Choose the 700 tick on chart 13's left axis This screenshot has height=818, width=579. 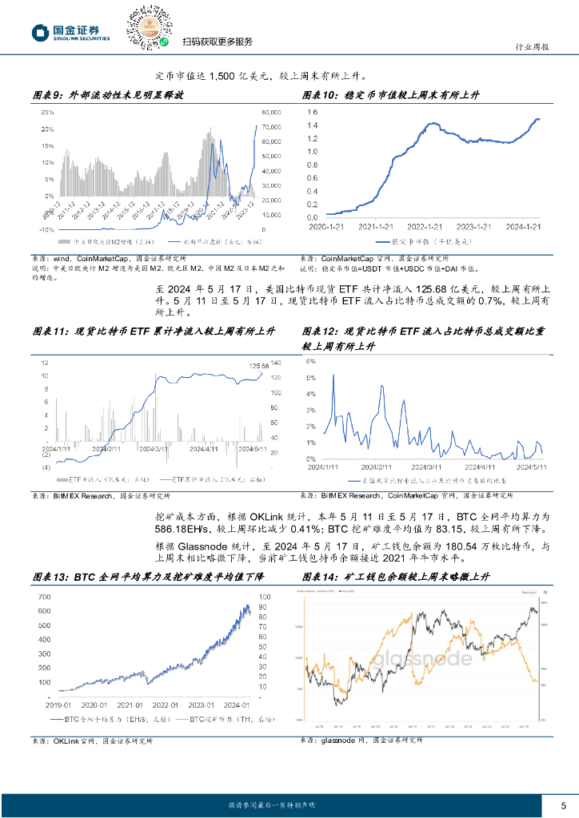pyautogui.click(x=44, y=597)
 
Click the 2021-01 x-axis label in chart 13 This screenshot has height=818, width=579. pyautogui.click(x=129, y=705)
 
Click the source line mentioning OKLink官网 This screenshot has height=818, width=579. pyautogui.click(x=92, y=741)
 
